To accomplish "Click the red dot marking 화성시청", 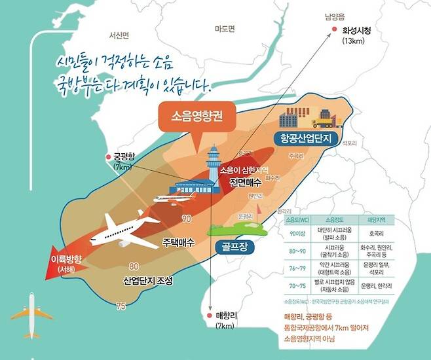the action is pyautogui.click(x=334, y=29).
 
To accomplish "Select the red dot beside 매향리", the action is pyautogui.click(x=210, y=315).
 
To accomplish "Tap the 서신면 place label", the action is pyautogui.click(x=122, y=35).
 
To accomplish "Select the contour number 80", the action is pyautogui.click(x=134, y=266).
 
